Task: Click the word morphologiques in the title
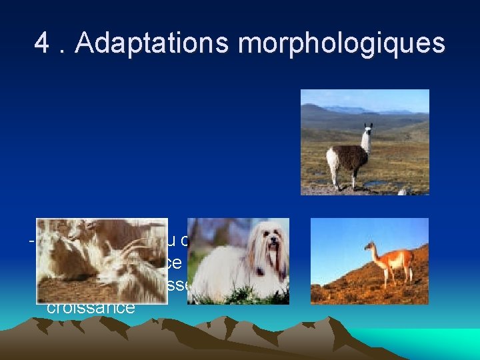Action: [341, 45]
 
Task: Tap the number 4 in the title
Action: [42, 43]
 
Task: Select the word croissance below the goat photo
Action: [91, 308]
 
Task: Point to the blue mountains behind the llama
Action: [353, 110]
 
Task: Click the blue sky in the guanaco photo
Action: [347, 233]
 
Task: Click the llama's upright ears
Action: [368, 125]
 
